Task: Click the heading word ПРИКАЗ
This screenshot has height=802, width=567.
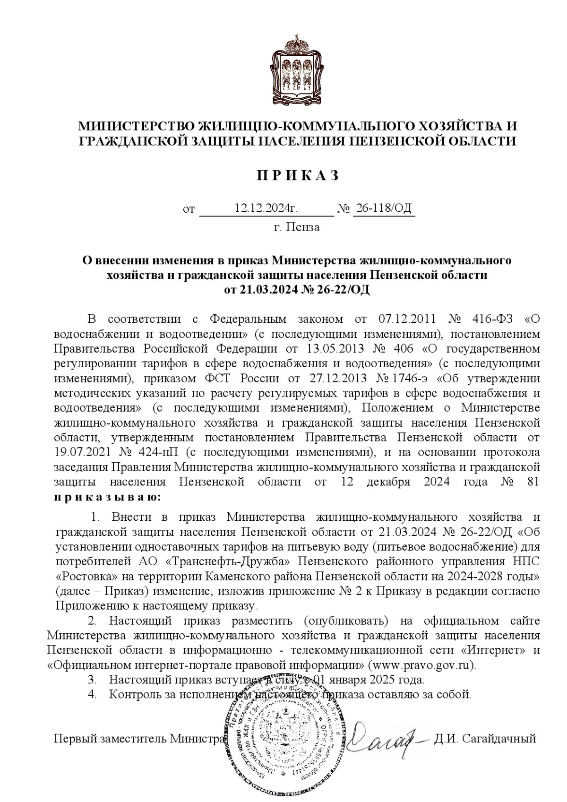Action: pos(298,176)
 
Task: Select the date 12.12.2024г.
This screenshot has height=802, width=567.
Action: pos(266,208)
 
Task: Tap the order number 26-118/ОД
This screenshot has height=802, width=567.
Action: pos(383,208)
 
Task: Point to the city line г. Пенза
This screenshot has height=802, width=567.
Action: pos(297,227)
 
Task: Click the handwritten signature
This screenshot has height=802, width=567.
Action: pos(383,740)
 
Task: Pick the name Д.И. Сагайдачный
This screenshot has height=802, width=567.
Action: pos(485,738)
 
